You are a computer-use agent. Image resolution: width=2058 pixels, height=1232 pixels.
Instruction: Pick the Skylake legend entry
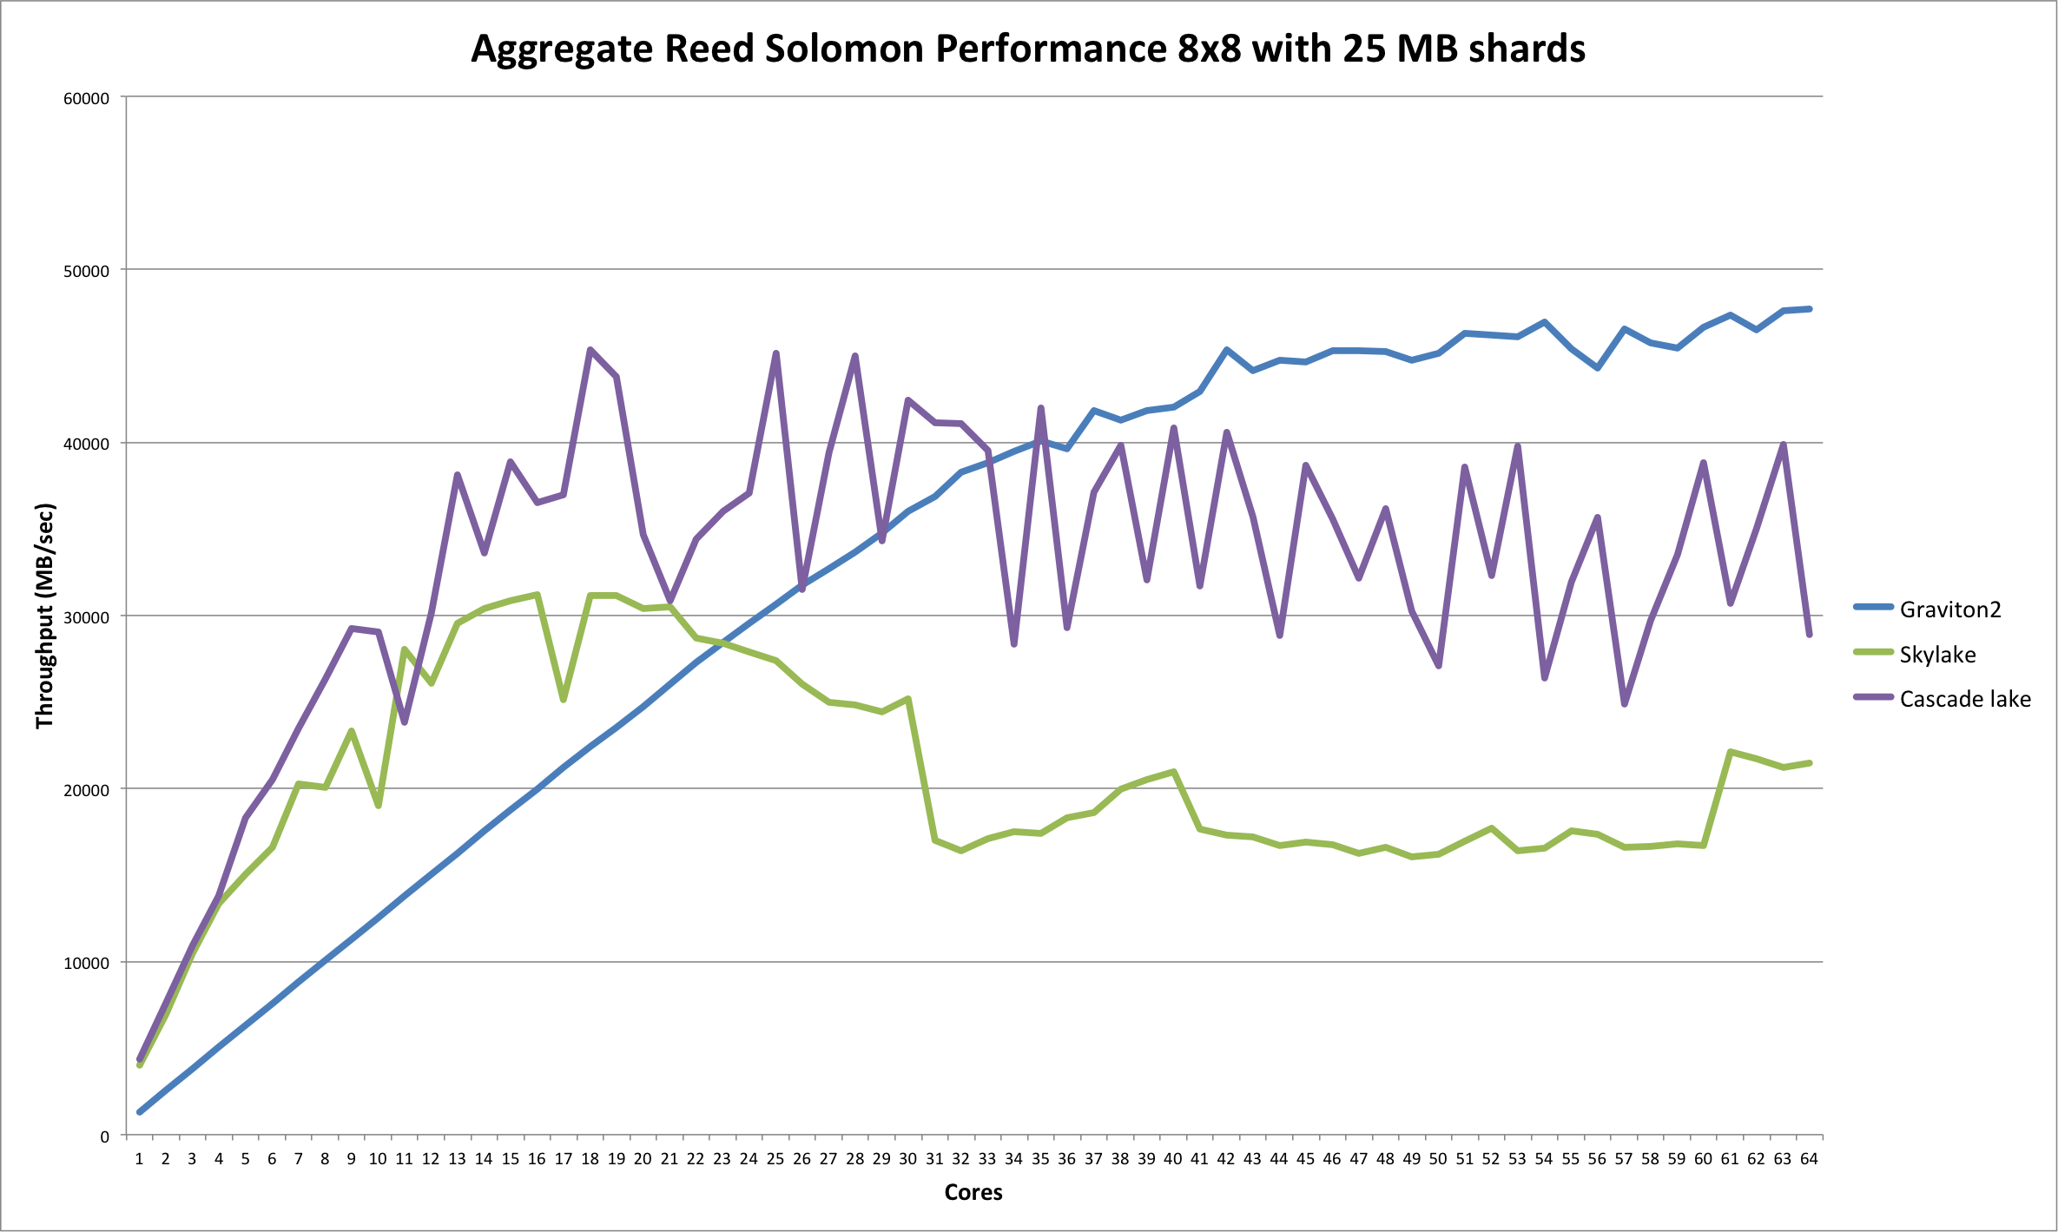click(1937, 655)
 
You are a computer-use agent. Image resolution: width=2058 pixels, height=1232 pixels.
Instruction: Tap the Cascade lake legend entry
click(1965, 700)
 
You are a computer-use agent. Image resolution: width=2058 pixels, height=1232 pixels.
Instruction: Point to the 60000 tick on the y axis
click(87, 98)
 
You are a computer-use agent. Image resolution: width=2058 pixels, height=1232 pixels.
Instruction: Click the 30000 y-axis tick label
click(87, 617)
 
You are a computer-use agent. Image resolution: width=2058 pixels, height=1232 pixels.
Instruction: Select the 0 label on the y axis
click(104, 1136)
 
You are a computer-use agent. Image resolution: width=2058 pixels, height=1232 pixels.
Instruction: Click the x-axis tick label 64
click(1809, 1159)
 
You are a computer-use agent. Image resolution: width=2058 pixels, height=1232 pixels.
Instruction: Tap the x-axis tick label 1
click(139, 1159)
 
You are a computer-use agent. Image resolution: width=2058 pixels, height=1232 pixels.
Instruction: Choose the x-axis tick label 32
click(960, 1159)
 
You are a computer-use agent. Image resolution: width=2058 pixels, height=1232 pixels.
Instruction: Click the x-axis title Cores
click(973, 1193)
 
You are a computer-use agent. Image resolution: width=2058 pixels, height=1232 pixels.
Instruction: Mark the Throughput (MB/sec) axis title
click(45, 616)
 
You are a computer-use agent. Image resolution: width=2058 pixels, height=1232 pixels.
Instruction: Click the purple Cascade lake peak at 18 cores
click(590, 350)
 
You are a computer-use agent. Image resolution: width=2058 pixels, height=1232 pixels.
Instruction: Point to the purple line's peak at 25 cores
click(775, 353)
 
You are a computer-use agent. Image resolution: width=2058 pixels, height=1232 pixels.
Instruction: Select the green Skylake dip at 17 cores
click(564, 699)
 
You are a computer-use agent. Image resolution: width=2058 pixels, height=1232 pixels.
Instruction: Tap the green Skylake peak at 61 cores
click(1731, 752)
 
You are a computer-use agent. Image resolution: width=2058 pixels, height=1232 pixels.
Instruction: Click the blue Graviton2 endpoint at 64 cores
click(1810, 309)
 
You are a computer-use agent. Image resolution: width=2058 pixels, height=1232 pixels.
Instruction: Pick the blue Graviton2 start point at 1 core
click(139, 1112)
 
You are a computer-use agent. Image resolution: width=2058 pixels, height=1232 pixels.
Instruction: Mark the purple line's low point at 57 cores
click(1624, 704)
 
